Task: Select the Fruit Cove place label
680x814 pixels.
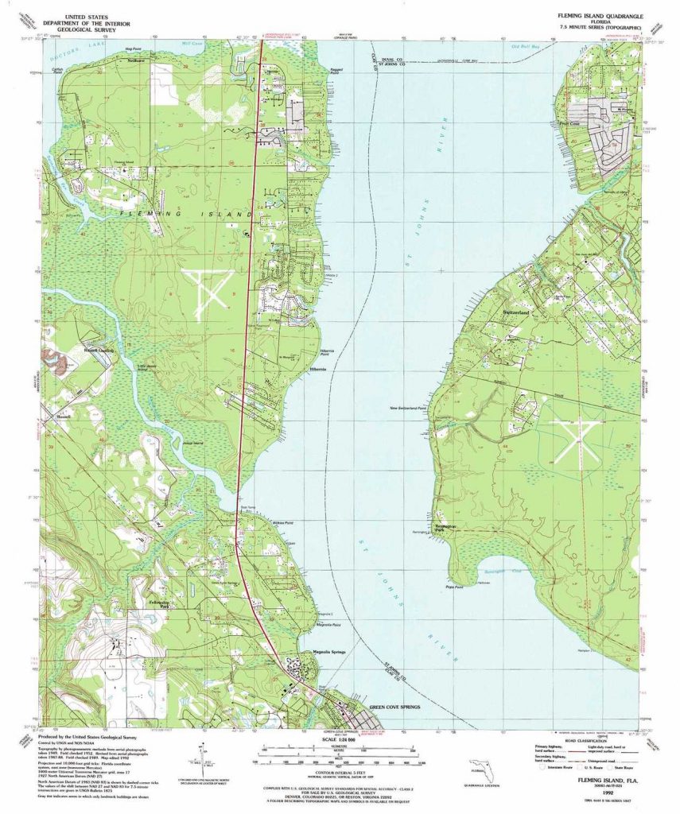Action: click(571, 124)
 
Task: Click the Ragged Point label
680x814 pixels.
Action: click(335, 72)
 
